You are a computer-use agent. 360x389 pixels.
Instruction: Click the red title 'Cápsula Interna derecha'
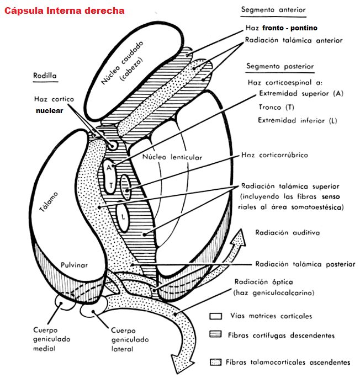pyautogui.click(x=65, y=10)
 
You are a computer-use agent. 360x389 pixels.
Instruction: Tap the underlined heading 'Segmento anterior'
pyautogui.click(x=273, y=10)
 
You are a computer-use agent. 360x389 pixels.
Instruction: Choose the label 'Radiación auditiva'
pyautogui.click(x=287, y=233)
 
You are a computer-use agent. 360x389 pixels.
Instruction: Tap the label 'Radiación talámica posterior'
pyautogui.click(x=305, y=264)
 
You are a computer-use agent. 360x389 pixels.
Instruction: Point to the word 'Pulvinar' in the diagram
pyautogui.click(x=75, y=265)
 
